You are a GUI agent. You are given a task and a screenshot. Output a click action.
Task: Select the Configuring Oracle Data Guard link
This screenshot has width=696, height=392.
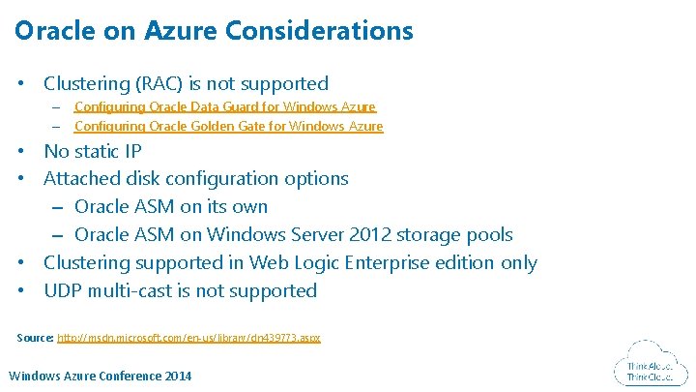[x=224, y=106]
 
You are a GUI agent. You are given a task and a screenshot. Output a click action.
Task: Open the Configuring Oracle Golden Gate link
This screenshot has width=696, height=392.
[x=228, y=126]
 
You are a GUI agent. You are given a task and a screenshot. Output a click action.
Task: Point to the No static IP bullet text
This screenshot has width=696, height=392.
[x=93, y=151]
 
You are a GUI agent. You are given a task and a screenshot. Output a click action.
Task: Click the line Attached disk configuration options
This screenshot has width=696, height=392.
[x=195, y=178]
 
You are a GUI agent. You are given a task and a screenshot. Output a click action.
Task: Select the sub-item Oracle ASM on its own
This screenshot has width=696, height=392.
[x=170, y=206]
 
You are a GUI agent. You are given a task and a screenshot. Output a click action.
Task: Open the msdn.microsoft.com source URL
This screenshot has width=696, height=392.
[x=188, y=338]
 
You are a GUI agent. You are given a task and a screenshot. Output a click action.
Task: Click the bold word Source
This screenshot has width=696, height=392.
[x=36, y=338]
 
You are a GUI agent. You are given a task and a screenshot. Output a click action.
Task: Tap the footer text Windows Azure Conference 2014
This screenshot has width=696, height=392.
[x=100, y=376]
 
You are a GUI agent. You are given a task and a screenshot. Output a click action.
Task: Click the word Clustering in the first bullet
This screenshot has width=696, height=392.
[x=92, y=84]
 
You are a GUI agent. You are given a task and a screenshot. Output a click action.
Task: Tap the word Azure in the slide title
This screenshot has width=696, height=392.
[x=181, y=31]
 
